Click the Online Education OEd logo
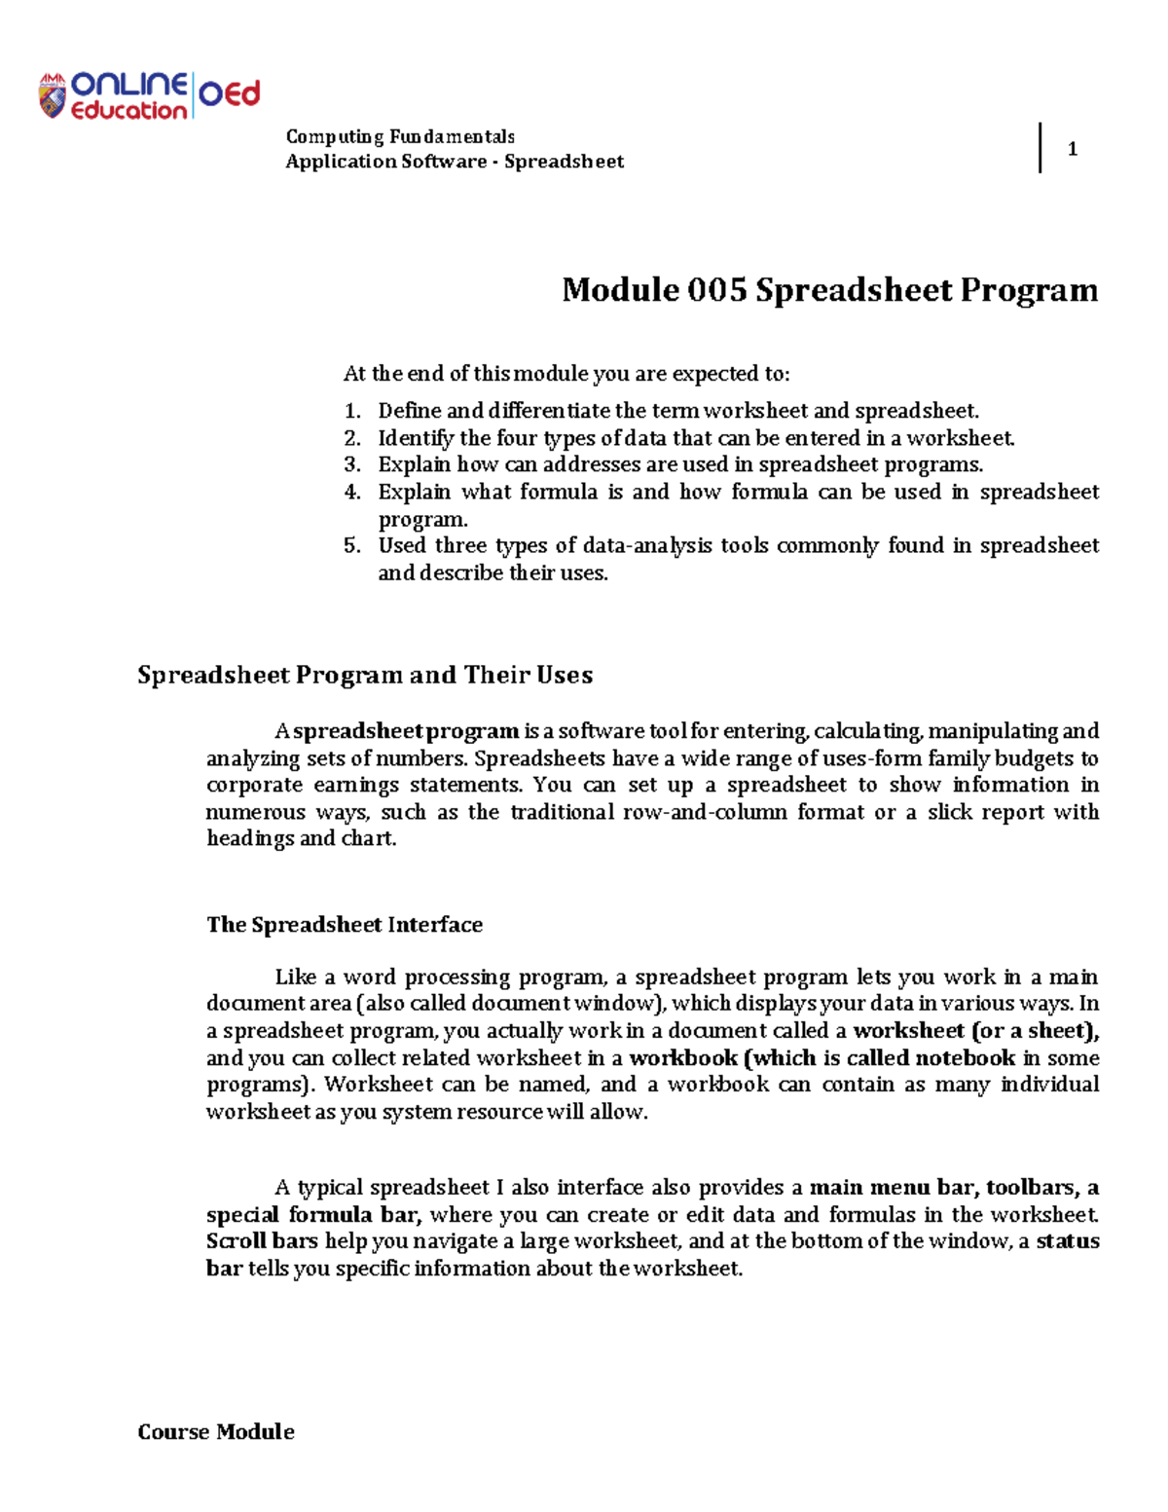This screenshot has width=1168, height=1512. pos(149,95)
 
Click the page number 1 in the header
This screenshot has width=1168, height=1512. pos(1072,149)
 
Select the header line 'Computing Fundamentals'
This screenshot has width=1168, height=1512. pos(400,136)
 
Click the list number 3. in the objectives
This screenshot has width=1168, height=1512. pos(352,464)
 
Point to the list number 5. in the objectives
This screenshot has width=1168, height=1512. pos(352,545)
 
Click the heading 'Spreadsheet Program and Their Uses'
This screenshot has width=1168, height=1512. pos(365,675)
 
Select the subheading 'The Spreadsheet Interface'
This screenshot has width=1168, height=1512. pos(345,924)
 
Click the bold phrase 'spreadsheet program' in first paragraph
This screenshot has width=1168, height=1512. pos(406,731)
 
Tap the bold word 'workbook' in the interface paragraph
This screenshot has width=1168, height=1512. pos(683,1058)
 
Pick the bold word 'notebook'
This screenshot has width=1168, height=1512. pos(965,1058)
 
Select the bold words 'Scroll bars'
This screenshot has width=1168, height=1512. pos(262,1241)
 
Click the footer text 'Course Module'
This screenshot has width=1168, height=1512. pos(216,1431)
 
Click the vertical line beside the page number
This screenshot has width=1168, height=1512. pos(1040,148)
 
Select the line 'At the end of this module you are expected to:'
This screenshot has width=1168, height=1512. pos(566,374)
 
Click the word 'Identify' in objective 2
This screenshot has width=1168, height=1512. pos(416,438)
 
